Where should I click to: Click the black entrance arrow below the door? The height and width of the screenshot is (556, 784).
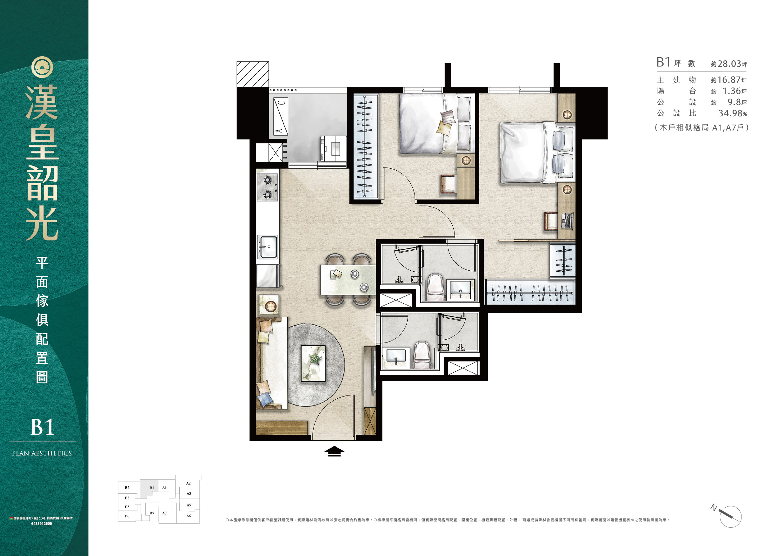pos(334,451)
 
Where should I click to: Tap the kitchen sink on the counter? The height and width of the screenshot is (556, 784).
pos(267,247)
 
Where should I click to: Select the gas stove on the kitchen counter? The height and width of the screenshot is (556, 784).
pos(267,187)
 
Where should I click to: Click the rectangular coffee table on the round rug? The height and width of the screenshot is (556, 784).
pos(313,363)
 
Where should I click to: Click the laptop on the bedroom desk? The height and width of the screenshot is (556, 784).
pos(568,221)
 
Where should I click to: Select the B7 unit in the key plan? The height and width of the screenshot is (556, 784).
pos(152,513)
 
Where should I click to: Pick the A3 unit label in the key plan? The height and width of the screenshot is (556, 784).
pos(189,493)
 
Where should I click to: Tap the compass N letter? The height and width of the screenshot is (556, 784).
pos(714,507)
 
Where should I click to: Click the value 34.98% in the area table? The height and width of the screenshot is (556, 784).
pos(733,113)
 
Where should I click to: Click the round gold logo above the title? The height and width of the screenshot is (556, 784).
pos(43,67)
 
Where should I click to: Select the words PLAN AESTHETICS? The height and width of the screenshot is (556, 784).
pos(42,453)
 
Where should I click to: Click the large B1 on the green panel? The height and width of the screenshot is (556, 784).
pos(43,427)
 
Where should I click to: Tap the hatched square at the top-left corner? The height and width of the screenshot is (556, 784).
pos(252,74)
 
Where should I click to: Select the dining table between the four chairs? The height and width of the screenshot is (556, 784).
pos(348,280)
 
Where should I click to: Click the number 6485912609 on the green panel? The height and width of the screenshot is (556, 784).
pos(41,524)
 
